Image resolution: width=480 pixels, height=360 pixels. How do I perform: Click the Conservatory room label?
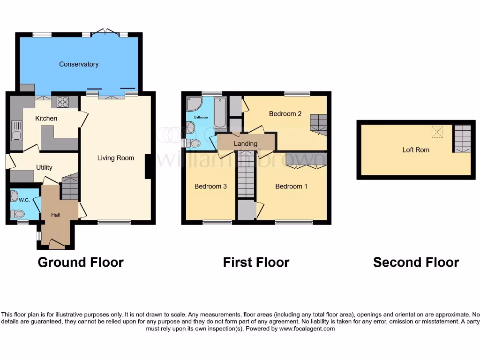79,64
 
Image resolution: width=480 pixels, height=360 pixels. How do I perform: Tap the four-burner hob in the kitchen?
62,102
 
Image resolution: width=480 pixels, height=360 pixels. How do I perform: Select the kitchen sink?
16,130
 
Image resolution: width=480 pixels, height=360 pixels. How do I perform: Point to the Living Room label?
116,158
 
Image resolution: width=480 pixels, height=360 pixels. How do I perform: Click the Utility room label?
44,167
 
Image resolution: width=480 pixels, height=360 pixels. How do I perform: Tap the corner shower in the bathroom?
193,104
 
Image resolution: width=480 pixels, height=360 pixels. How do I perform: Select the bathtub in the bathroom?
219,112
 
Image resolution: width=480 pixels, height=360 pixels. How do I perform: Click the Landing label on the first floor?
246,143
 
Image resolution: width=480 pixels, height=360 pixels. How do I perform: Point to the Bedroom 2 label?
285,113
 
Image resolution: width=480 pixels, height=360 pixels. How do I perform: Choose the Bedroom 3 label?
210,186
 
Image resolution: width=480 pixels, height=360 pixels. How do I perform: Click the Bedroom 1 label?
291,186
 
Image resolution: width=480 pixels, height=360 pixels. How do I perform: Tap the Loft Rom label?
416,150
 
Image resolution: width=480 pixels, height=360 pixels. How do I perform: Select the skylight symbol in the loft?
437,133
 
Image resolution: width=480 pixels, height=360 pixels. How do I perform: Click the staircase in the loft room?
462,138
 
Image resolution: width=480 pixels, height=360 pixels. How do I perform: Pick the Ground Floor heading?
81,262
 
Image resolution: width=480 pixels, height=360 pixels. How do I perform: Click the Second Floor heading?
416,262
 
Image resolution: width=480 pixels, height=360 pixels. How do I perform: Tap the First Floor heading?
256,262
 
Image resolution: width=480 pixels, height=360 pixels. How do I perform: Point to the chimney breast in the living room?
148,166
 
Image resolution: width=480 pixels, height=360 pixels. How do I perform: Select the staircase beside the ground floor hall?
70,187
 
